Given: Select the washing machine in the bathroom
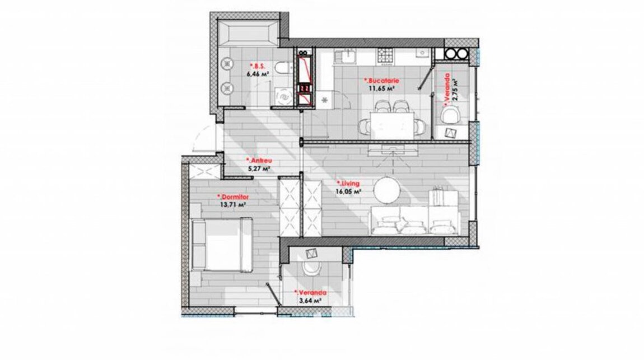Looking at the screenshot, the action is [283, 96].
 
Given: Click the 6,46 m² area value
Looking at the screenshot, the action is [258, 74].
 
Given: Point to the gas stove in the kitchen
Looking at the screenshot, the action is [386, 55].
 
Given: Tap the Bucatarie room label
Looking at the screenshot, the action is [381, 81].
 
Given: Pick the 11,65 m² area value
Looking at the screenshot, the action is [381, 88].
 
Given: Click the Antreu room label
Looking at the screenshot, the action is [259, 161].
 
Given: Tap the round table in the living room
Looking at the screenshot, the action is [386, 189].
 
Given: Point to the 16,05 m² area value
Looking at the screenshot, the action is [348, 191].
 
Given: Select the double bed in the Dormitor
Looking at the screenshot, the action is [222, 245].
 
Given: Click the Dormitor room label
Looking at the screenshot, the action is [233, 197].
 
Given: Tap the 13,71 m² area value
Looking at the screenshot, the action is [233, 204].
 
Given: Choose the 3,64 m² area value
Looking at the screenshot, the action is [310, 300].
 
